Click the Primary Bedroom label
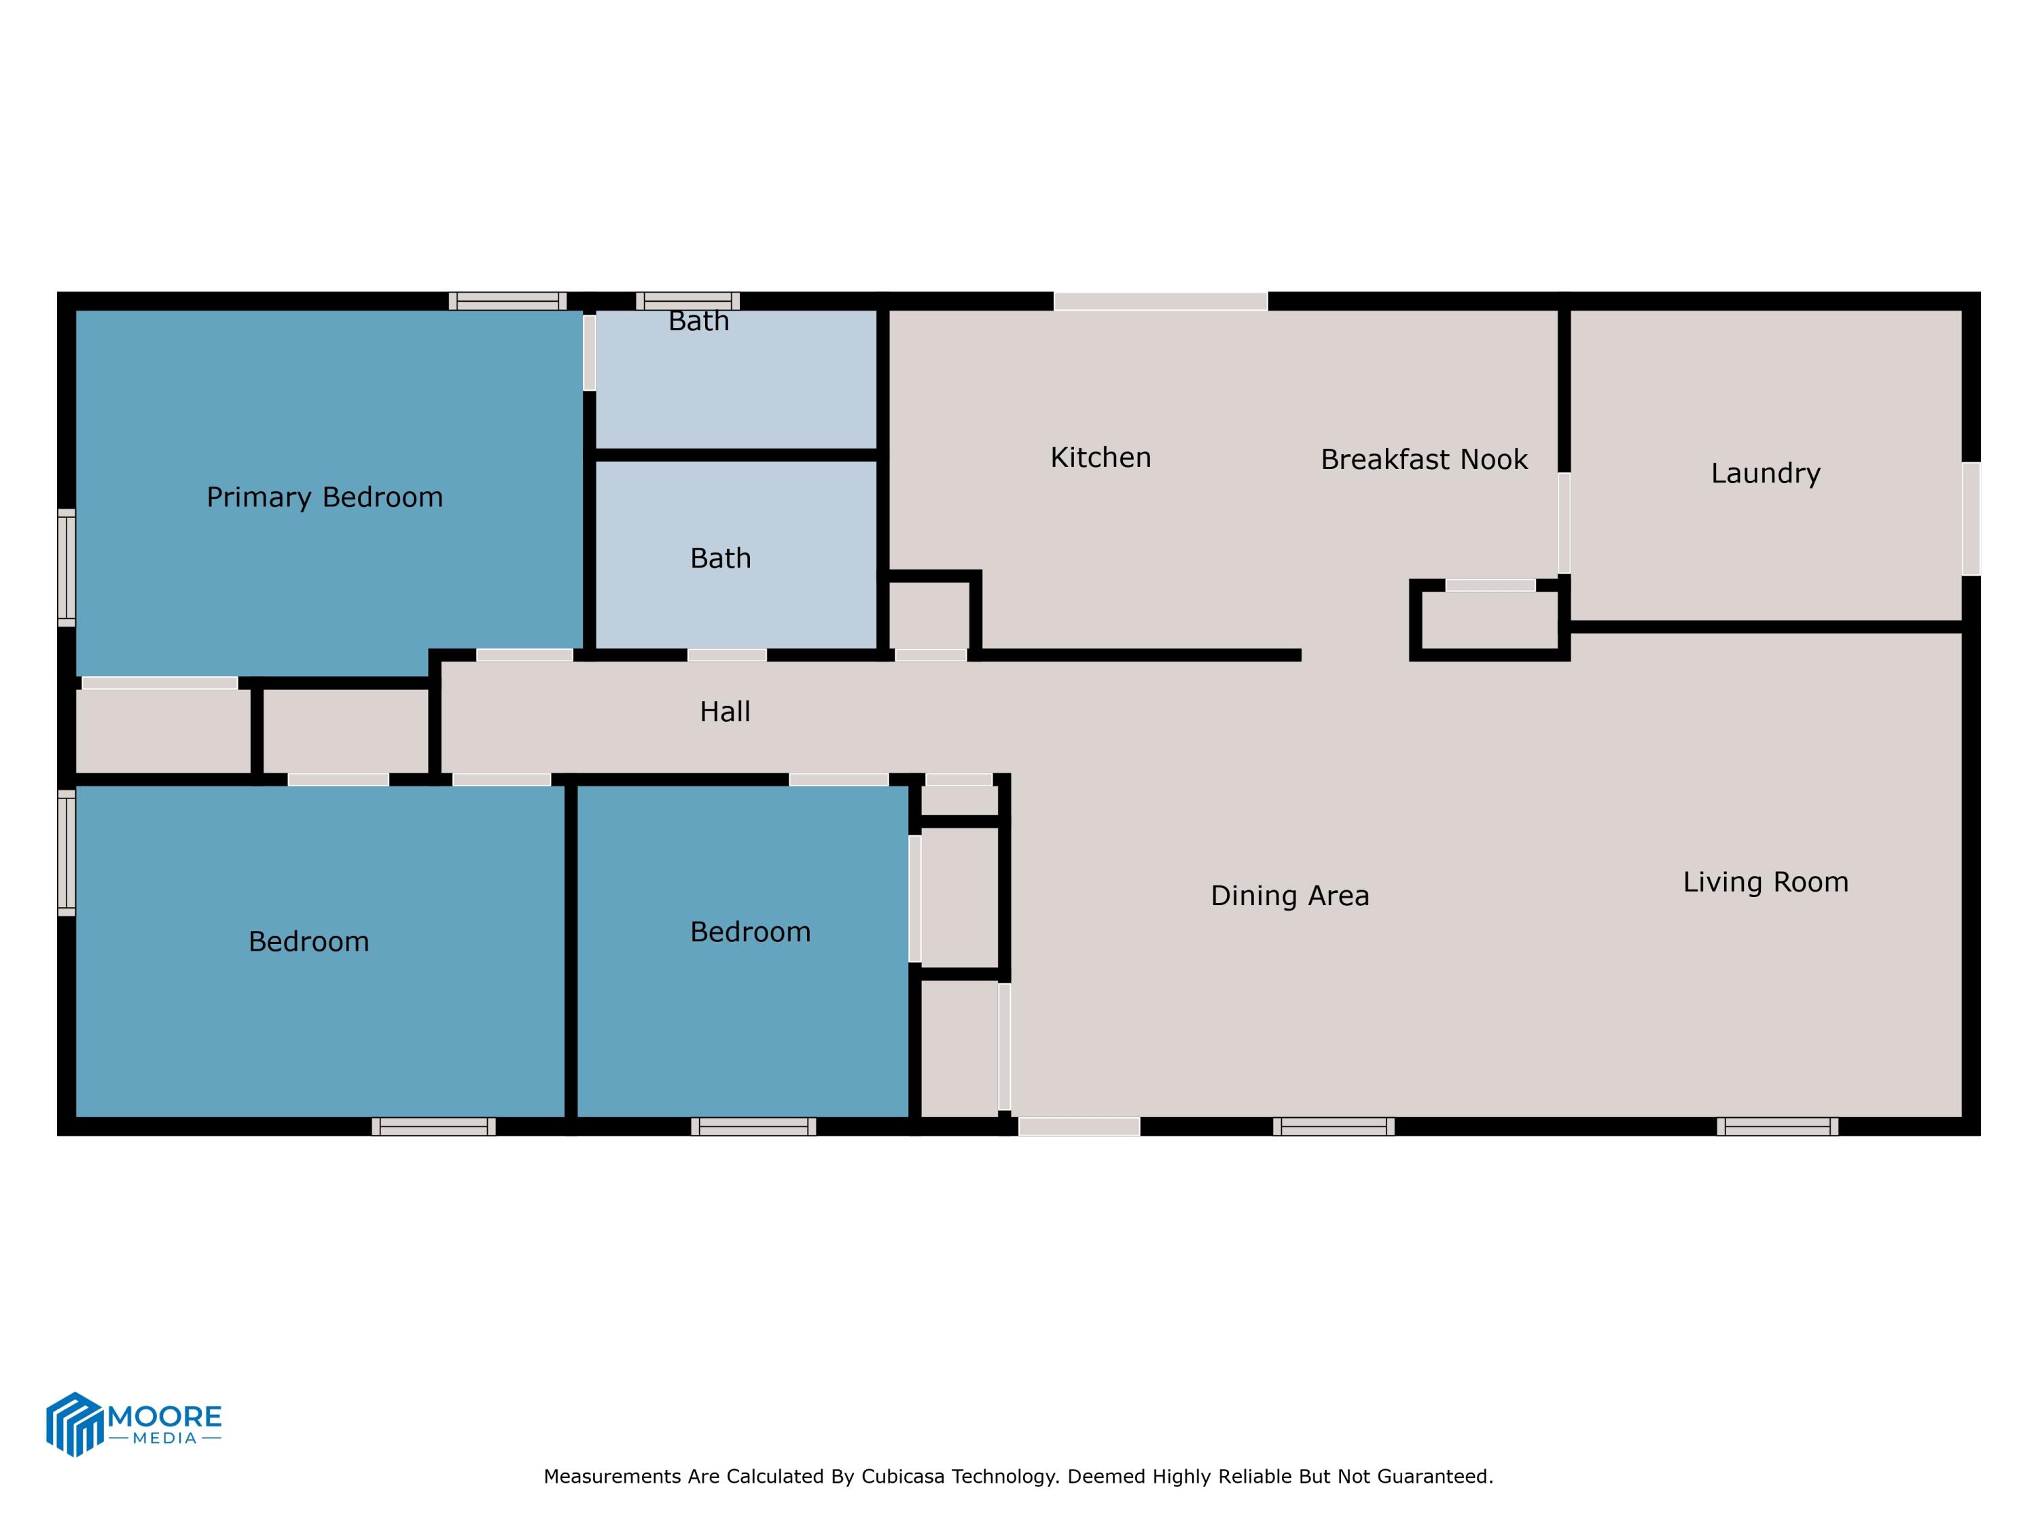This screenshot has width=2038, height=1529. [x=324, y=497]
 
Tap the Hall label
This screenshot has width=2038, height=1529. [x=724, y=711]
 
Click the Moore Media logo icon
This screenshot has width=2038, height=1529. [x=73, y=1423]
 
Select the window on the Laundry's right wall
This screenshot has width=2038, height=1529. [x=1970, y=519]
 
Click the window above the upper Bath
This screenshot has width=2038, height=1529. [x=687, y=301]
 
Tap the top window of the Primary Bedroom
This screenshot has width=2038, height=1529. [x=507, y=301]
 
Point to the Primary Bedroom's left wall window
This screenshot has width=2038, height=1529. [x=67, y=567]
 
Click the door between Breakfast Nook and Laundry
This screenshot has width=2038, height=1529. [x=1564, y=523]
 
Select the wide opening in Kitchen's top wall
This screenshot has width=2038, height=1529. [x=1160, y=301]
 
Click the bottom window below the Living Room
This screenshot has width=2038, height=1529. [x=1776, y=1126]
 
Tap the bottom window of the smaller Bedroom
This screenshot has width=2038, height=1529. [x=753, y=1126]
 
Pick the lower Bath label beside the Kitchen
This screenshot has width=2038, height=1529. [x=721, y=559]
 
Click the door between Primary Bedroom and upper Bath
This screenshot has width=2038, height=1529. [x=589, y=353]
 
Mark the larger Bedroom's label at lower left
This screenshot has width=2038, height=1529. [x=308, y=942]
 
